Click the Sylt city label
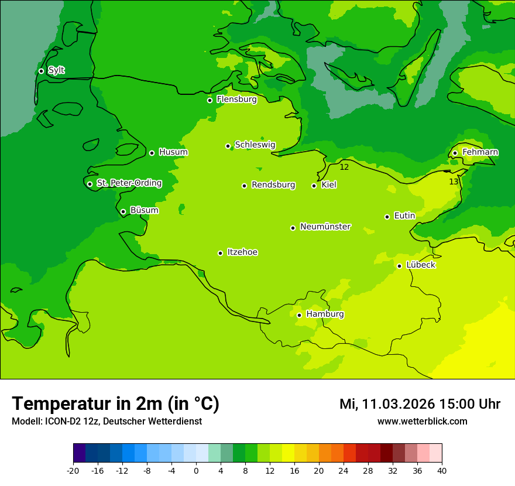[x=56, y=70]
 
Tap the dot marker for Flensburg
[x=210, y=100]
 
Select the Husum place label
[x=173, y=152]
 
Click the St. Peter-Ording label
[x=129, y=183]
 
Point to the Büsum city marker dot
[x=123, y=211]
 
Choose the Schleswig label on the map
[x=255, y=145]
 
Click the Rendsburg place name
[x=273, y=185]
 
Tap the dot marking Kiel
[x=314, y=186]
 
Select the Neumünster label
[x=325, y=227]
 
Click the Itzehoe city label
[x=242, y=252]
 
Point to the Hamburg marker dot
[x=299, y=315]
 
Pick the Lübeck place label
[x=420, y=265]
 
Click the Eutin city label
[x=404, y=216]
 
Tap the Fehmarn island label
[x=480, y=152]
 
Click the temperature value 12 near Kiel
[x=344, y=167]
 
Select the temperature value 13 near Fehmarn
[x=454, y=182]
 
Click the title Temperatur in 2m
[x=115, y=403]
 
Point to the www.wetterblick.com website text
[x=422, y=422]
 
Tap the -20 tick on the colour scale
[x=73, y=470]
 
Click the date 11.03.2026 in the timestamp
[x=398, y=404]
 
